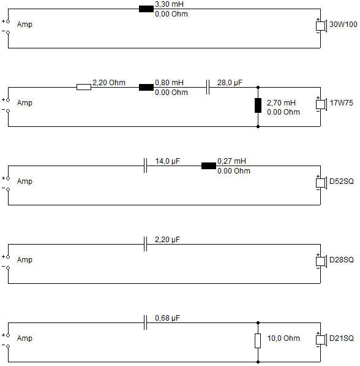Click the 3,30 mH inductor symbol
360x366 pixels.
click(x=146, y=9)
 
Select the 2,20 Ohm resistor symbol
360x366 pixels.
click(x=84, y=87)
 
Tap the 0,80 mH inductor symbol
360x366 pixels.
click(x=146, y=87)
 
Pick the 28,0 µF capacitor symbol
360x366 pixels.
click(x=208, y=87)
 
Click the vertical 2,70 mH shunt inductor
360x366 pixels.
click(x=258, y=105)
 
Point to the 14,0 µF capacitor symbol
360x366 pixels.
click(x=145, y=166)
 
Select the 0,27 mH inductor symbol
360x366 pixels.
click(x=209, y=166)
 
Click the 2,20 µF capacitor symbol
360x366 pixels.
click(x=145, y=244)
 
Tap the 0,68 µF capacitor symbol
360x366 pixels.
click(x=145, y=322)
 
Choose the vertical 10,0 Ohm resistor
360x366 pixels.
click(x=258, y=341)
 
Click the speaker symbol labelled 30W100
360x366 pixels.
click(x=321, y=26)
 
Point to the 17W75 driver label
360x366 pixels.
click(x=342, y=103)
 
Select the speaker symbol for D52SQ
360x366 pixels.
click(x=321, y=183)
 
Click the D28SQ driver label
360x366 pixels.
click(x=342, y=259)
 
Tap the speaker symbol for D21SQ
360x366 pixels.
click(x=321, y=340)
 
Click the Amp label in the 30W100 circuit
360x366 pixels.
click(x=24, y=25)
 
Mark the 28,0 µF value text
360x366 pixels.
click(x=230, y=83)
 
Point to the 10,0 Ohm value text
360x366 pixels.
click(x=283, y=338)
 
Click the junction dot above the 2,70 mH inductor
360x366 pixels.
click(x=258, y=87)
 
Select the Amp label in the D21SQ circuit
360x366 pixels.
click(x=24, y=338)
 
